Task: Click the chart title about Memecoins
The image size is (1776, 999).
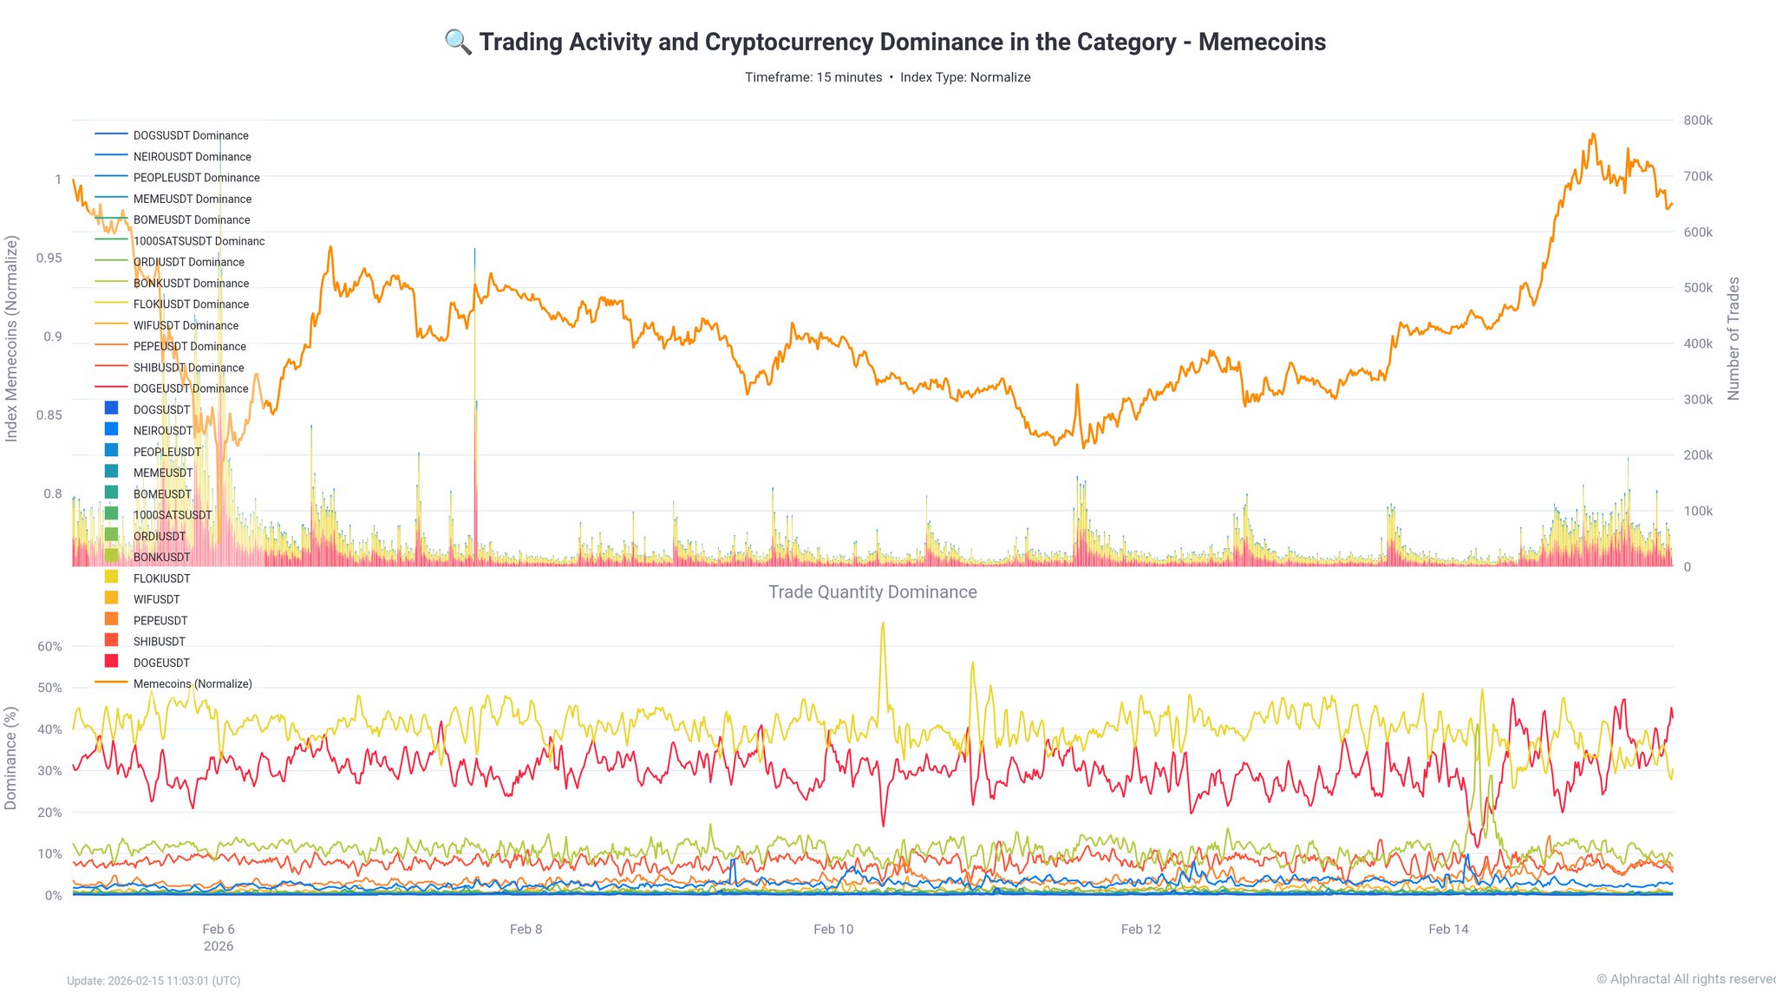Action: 902,42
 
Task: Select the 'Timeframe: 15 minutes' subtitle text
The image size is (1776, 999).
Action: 813,77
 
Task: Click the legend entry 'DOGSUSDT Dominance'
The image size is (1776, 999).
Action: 191,135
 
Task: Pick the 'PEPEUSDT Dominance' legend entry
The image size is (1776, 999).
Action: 189,346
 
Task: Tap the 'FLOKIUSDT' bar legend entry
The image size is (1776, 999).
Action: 161,578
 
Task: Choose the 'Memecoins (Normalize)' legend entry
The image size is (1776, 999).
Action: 193,683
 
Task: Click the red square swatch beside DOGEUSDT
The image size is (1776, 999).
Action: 111,662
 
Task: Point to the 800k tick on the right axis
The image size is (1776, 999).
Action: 1698,121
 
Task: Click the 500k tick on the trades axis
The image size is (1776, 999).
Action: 1698,288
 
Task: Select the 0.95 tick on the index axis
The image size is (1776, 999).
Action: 49,258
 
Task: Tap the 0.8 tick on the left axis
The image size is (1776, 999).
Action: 53,493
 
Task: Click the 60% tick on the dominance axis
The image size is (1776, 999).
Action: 49,646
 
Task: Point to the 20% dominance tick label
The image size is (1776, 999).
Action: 49,813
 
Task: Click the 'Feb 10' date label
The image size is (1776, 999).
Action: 833,929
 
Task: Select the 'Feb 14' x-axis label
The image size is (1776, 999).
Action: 1448,929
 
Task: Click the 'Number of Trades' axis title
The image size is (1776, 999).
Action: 1734,338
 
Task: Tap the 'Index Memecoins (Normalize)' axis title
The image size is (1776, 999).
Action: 11,338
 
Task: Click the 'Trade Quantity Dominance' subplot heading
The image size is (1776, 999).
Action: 872,592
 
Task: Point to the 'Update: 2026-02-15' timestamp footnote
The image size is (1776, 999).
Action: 153,981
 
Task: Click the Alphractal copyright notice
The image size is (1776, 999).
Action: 1685,979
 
